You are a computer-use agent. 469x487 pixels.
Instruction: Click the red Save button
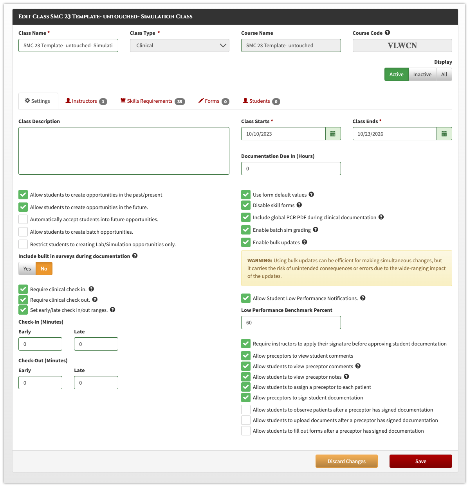pos(420,461)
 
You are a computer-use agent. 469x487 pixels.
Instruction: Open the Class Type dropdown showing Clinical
pos(179,45)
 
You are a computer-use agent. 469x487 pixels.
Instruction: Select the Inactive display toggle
pos(422,74)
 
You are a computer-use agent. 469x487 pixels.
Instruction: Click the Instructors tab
pos(86,101)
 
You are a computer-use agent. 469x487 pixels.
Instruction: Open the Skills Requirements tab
pos(152,101)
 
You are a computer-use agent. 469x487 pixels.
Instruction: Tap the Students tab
pos(261,101)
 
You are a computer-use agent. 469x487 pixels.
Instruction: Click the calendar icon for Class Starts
pos(333,134)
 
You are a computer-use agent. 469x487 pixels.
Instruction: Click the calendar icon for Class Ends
pos(444,134)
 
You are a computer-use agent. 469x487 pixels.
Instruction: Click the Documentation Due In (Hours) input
pos(291,168)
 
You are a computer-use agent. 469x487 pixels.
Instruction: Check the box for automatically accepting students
pos(23,219)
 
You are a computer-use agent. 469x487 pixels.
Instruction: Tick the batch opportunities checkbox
pos(23,232)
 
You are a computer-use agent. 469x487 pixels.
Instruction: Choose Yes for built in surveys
pos(27,269)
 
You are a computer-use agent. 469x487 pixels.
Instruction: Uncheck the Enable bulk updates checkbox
pos(245,242)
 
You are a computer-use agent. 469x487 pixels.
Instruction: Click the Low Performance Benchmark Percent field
pos(291,322)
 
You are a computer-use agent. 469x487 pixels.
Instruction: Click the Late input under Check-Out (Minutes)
pos(96,382)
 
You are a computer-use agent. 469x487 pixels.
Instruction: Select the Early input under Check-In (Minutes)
pos(40,344)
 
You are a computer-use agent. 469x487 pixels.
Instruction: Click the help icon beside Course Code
pos(387,32)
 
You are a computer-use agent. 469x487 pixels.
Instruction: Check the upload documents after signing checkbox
pos(245,420)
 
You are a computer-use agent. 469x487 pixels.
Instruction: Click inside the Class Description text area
pos(124,151)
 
